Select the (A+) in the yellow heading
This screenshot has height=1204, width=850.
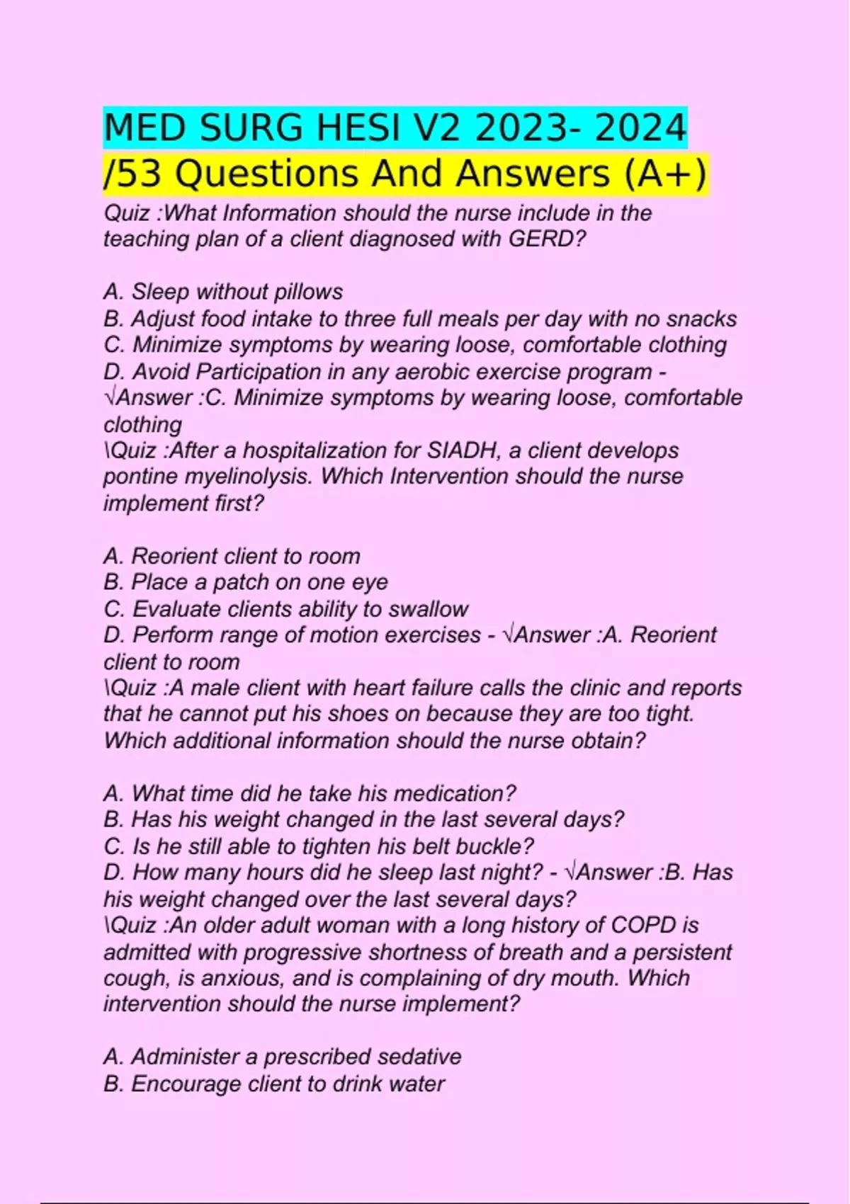[x=665, y=174]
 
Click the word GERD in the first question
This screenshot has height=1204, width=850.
[x=543, y=239]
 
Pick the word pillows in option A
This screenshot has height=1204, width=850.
[x=307, y=292]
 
